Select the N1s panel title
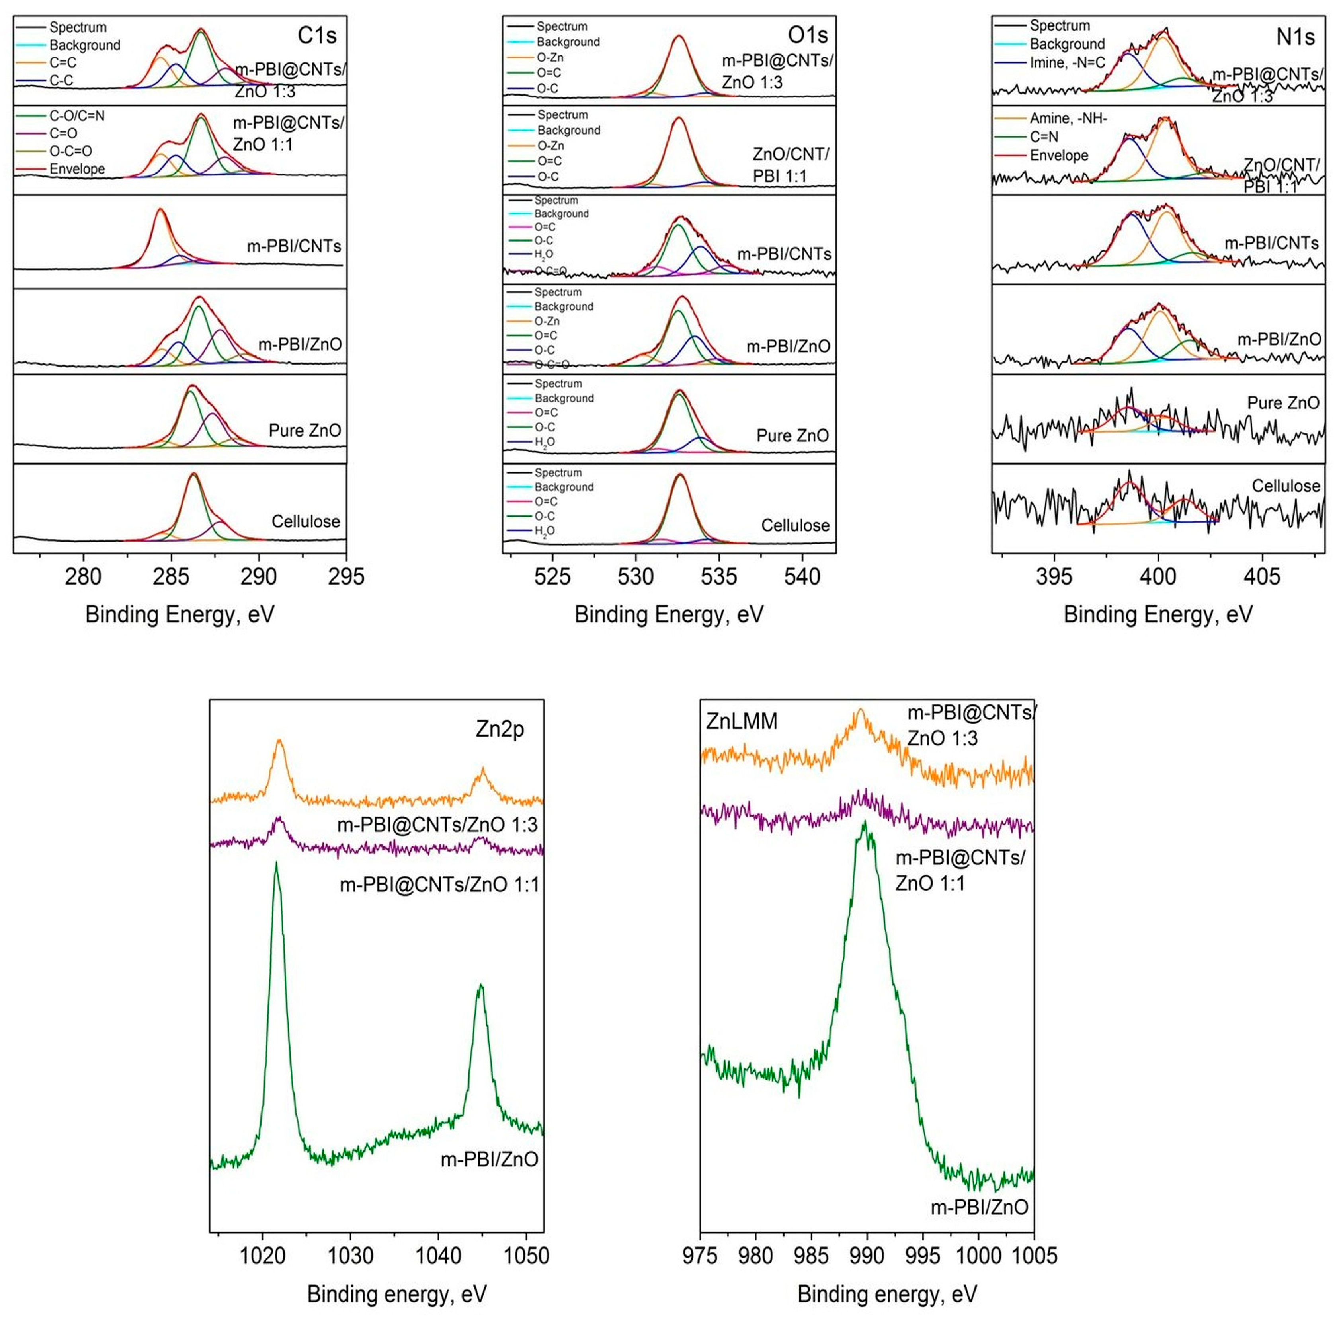[1295, 37]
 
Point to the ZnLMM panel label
[741, 721]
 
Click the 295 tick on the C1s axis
[346, 576]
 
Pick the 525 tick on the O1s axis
[552, 576]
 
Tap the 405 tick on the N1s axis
[1262, 576]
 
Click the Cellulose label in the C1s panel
[306, 521]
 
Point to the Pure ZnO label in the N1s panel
[1283, 403]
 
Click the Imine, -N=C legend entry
[1067, 62]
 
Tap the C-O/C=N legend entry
[76, 116]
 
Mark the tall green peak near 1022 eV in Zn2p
[276, 865]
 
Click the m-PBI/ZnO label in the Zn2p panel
[490, 1160]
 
